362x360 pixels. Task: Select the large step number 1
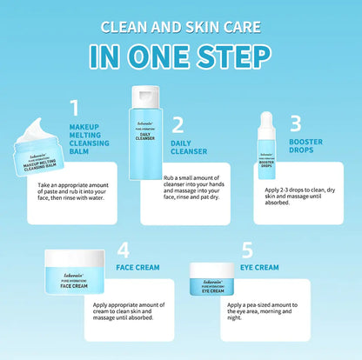pos(75,108)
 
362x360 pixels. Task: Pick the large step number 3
pos(295,123)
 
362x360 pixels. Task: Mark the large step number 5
pos(248,250)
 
